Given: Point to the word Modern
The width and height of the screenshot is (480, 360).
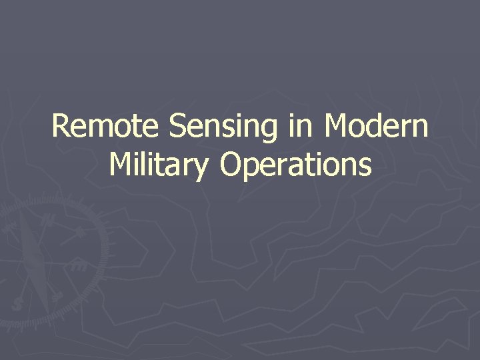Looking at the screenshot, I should [x=375, y=126].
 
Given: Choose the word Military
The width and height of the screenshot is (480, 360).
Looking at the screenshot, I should [x=158, y=165].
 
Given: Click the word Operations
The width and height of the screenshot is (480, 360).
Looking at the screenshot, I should [x=295, y=165].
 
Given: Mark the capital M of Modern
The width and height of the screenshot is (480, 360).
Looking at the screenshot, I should [x=336, y=126].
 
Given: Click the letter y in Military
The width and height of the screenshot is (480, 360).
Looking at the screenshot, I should [x=201, y=167].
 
